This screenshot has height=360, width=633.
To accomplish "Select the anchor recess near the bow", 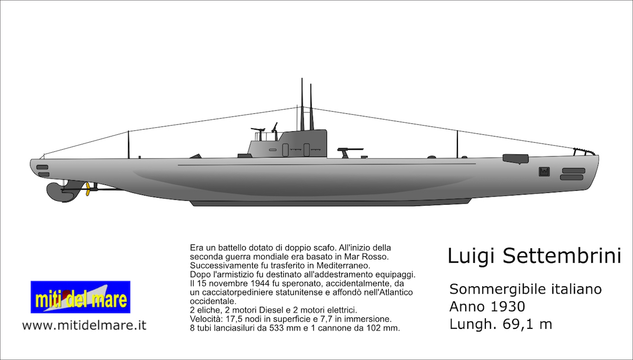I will point(544,171).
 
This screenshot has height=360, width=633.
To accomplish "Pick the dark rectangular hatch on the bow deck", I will point(515,158).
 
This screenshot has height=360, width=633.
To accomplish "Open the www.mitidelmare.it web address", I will point(84,325).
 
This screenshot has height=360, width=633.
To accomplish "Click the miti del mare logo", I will point(80,297).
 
